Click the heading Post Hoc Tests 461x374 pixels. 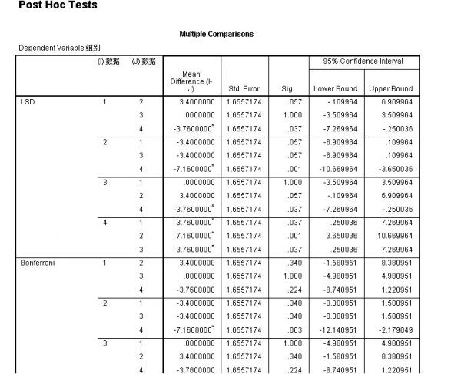click(48, 7)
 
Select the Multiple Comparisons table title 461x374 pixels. click(216, 34)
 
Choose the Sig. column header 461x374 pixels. click(290, 89)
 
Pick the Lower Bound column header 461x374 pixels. click(335, 89)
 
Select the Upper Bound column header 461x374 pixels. click(391, 89)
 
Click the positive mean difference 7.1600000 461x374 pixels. click(188, 236)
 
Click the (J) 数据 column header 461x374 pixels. click(144, 61)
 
